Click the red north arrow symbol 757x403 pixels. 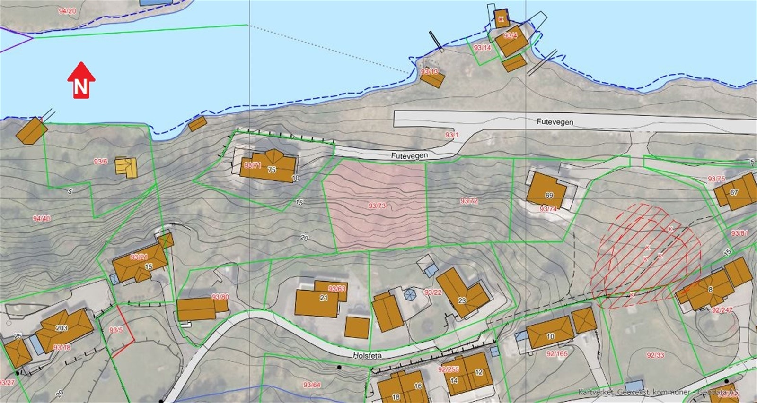pos(81,81)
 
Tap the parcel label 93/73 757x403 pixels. pos(377,206)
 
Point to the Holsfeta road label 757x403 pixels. pos(367,355)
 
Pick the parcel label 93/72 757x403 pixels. pos(469,201)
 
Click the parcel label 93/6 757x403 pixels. pos(100,162)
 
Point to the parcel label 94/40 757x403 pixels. pos(42,218)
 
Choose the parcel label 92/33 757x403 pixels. pos(655,355)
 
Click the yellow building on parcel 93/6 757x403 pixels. pos(127,167)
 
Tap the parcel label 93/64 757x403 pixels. pos(312,385)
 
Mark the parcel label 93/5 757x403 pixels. pos(116,330)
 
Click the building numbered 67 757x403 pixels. pos(736,192)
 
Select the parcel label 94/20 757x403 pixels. pos(67,11)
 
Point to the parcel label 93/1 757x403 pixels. pos(452,135)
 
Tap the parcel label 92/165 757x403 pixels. pos(557,353)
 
